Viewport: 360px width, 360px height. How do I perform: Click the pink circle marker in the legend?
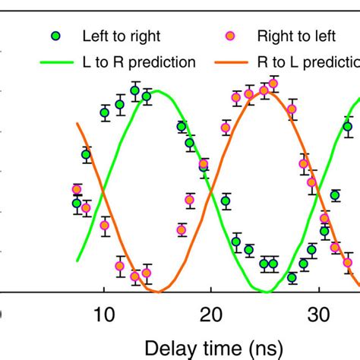tap(226, 36)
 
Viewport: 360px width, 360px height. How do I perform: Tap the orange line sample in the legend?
tap(226, 62)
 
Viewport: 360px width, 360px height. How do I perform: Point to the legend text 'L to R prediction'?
tap(138, 62)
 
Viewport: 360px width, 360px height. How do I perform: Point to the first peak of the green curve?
tap(156, 92)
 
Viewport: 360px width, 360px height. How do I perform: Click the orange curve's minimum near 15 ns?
tap(158, 291)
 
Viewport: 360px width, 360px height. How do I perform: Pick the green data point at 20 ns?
tap(226, 201)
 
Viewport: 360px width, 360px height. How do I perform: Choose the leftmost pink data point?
tap(77, 190)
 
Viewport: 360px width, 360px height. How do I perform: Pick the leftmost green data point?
tap(77, 203)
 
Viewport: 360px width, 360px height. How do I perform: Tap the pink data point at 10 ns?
tap(105, 224)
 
